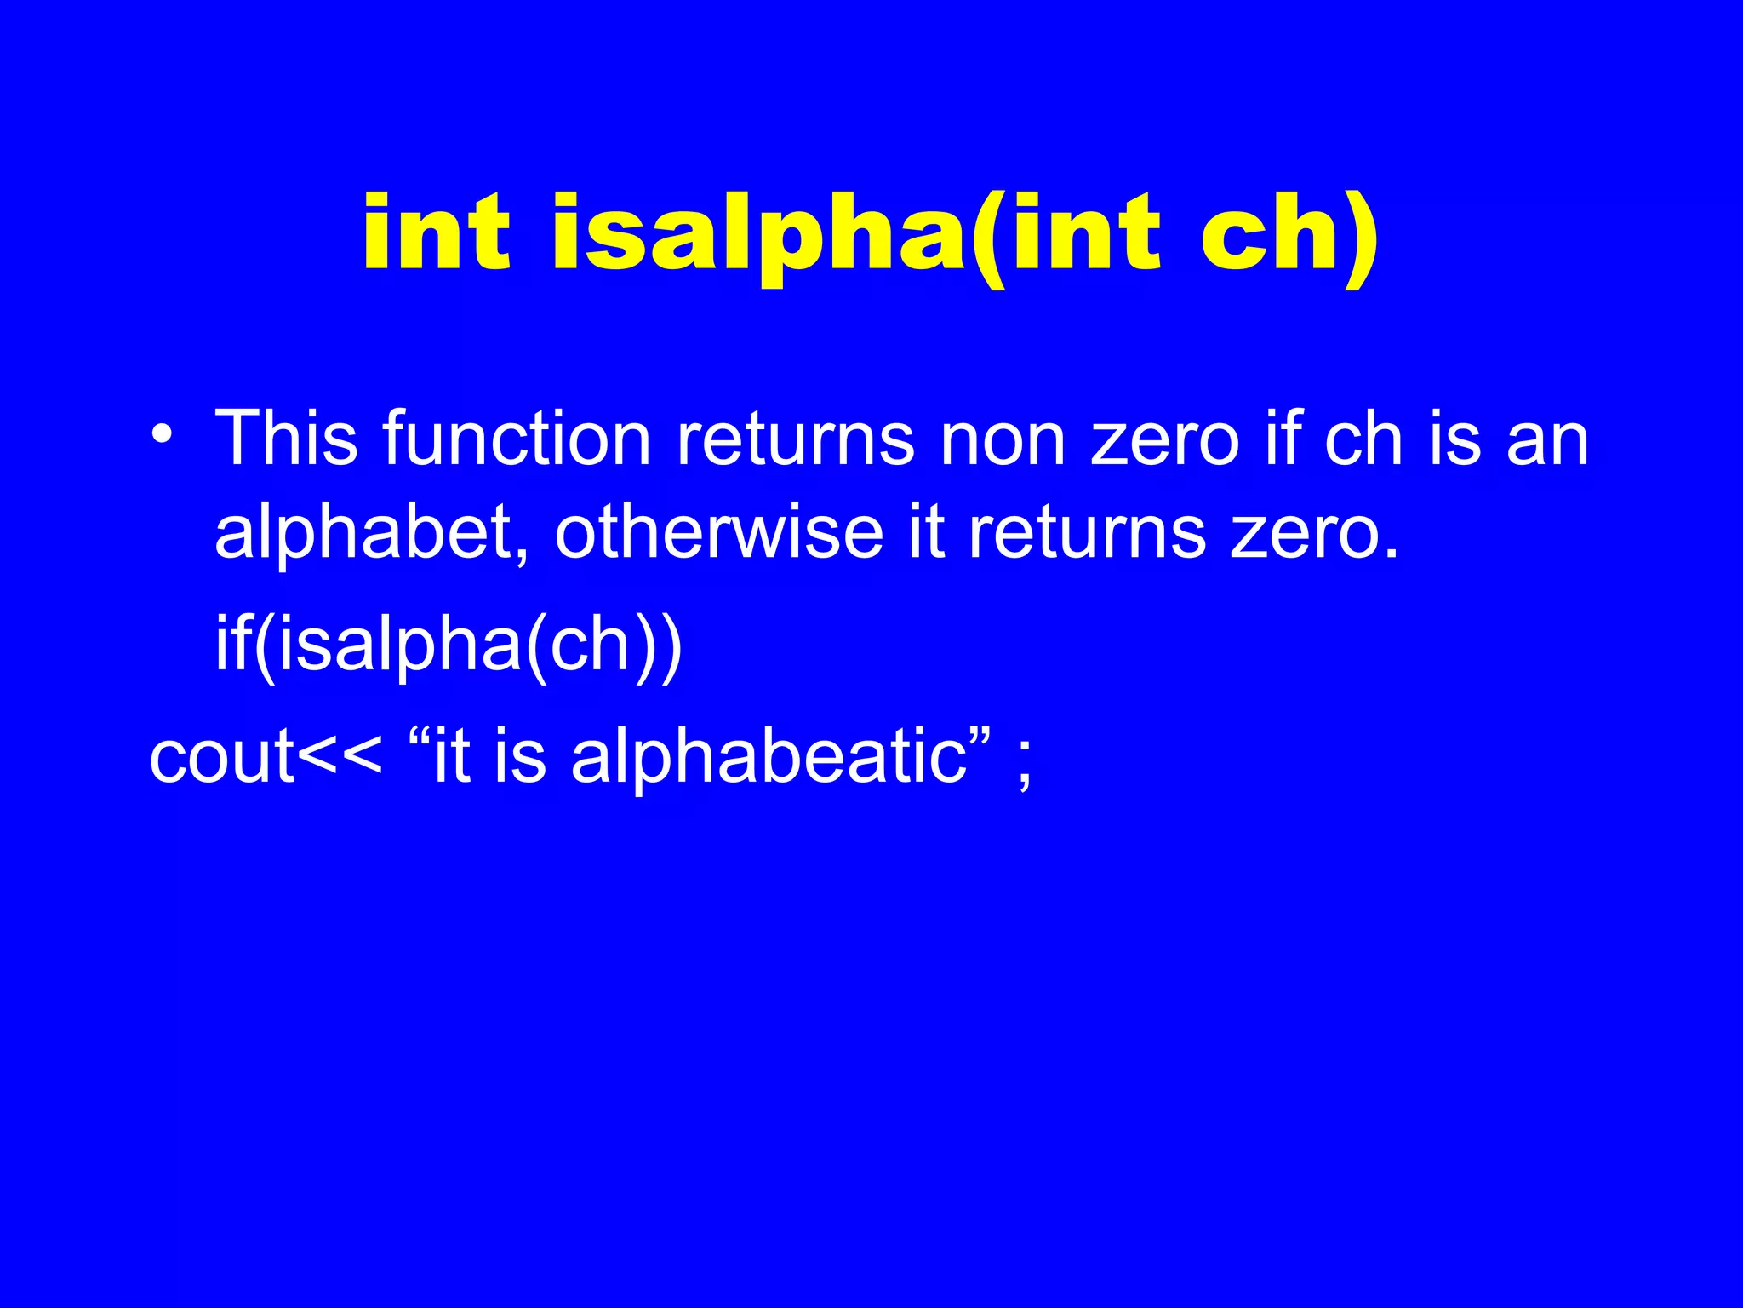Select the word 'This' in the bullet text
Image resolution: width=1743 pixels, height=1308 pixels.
point(286,439)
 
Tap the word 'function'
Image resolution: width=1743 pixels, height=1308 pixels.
point(517,439)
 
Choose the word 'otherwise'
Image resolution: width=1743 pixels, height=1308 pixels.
point(719,533)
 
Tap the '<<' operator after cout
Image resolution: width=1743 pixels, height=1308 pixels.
point(340,758)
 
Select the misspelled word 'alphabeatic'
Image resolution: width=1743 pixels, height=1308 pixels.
point(769,760)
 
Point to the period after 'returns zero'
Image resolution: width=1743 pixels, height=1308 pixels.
point(1392,554)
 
